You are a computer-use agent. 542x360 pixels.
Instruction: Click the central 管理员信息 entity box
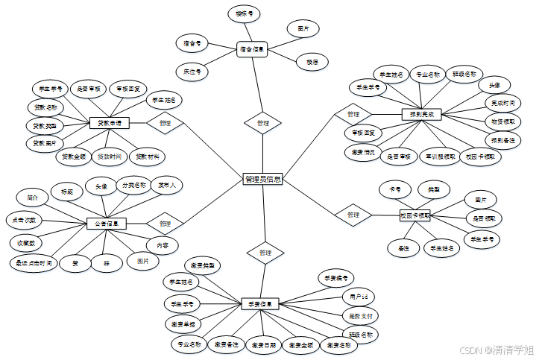click(x=263, y=179)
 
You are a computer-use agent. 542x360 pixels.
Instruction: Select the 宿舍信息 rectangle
click(x=251, y=50)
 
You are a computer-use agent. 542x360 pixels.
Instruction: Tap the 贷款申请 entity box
click(x=110, y=122)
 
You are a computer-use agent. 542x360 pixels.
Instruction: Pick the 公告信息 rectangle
click(x=106, y=223)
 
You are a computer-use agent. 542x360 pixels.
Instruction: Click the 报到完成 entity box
click(x=422, y=114)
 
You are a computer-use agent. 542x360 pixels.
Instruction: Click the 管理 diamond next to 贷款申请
click(x=165, y=123)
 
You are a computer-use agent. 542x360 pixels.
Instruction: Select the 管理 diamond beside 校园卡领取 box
click(x=353, y=215)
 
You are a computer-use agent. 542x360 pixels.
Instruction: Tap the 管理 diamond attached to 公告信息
click(x=165, y=223)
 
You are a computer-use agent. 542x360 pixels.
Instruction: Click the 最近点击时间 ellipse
click(x=31, y=263)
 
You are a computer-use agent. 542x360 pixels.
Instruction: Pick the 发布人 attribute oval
click(x=166, y=183)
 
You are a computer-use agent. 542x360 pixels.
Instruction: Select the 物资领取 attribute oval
click(x=501, y=121)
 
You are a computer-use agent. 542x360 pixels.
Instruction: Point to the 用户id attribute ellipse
click(x=355, y=297)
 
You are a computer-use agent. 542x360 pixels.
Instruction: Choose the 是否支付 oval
click(x=362, y=316)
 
